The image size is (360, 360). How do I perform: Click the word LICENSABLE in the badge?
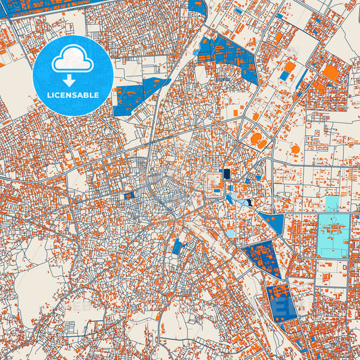pyautogui.click(x=73, y=95)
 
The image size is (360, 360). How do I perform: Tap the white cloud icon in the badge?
pyautogui.click(x=73, y=59)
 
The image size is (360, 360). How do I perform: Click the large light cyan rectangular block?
pyautogui.click(x=332, y=235)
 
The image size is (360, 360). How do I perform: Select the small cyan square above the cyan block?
pyautogui.click(x=332, y=203)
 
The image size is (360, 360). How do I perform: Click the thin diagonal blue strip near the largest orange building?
pyautogui.click(x=302, y=79)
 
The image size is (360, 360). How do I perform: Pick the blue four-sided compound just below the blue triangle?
pyautogui.click(x=263, y=259)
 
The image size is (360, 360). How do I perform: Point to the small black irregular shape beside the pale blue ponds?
pyautogui.click(x=249, y=202)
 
